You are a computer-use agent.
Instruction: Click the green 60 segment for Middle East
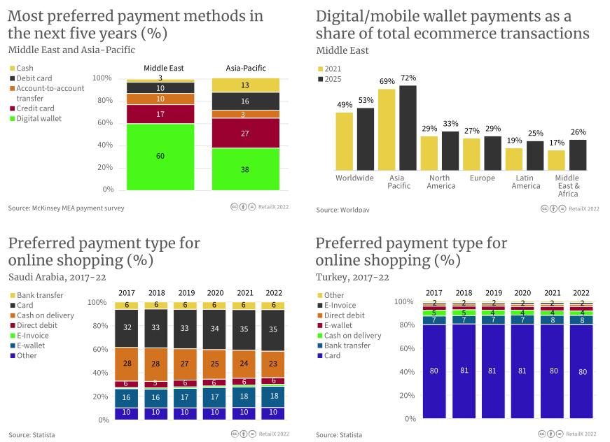160,156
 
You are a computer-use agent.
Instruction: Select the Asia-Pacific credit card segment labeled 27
244,133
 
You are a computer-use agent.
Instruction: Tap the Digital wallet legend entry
39,118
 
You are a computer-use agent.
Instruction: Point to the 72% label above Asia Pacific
408,78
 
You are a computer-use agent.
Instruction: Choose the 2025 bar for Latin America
535,156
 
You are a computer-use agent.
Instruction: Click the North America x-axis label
441,182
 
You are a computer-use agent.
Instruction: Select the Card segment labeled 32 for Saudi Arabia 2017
127,328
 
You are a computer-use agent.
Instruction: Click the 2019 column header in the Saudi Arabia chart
186,293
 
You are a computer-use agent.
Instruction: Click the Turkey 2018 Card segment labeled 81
464,371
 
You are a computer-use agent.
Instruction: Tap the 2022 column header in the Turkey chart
581,293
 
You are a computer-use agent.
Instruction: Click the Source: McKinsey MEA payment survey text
67,208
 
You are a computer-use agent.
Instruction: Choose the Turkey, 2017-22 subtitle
352,277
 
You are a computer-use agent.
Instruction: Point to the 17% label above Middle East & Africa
557,143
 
